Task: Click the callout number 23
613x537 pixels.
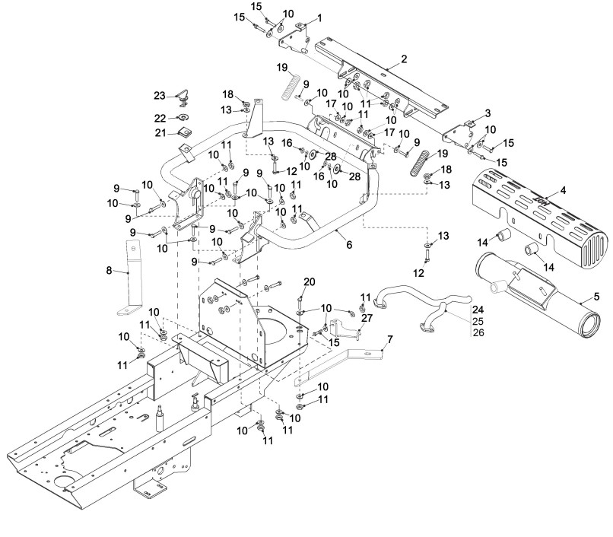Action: click(x=160, y=96)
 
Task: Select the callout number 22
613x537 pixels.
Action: click(x=160, y=118)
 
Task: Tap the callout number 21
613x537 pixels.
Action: click(x=160, y=133)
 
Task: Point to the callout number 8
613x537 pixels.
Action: click(x=109, y=270)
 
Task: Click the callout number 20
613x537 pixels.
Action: click(x=310, y=281)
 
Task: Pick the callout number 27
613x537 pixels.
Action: click(x=367, y=318)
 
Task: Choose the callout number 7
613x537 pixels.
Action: click(x=389, y=338)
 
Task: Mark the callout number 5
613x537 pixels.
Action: click(x=596, y=297)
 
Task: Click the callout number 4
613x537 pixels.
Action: click(x=563, y=190)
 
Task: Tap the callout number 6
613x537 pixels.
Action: click(x=349, y=244)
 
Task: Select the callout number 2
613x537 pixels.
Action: click(x=404, y=59)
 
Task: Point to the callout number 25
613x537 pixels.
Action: click(x=478, y=321)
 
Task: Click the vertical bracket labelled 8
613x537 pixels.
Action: click(x=129, y=278)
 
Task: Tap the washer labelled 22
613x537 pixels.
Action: click(x=183, y=116)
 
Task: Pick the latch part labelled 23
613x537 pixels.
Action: click(x=183, y=98)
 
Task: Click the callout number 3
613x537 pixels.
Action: click(x=488, y=113)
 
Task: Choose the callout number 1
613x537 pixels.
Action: click(x=319, y=18)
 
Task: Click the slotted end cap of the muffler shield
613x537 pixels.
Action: click(x=595, y=249)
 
